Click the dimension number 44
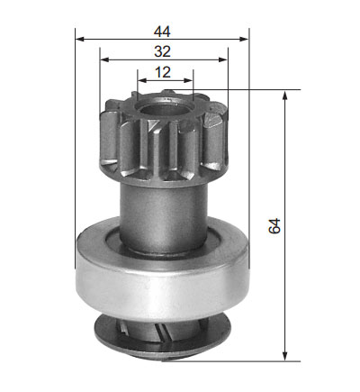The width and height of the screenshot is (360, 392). [x=162, y=32]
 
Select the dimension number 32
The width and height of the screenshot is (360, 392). [x=162, y=51]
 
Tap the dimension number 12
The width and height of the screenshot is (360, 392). [x=163, y=72]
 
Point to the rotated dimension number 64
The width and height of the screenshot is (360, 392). [x=274, y=226]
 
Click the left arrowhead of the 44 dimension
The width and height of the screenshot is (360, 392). [x=80, y=39]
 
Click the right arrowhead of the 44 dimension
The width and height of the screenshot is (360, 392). [x=244, y=39]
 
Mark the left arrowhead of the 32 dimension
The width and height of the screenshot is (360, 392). [x=104, y=59]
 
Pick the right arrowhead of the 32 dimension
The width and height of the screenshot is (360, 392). [x=223, y=59]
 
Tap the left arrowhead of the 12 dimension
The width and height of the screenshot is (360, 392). [x=142, y=80]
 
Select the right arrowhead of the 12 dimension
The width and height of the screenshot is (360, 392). [x=188, y=80]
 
